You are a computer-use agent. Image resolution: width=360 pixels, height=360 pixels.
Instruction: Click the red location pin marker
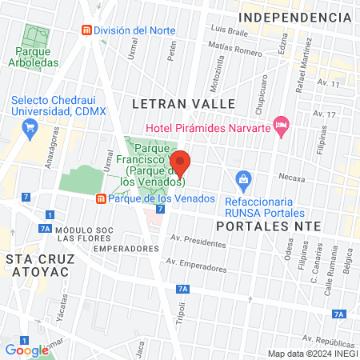(181, 163)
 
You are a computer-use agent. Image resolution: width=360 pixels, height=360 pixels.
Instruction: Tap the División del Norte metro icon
(86, 30)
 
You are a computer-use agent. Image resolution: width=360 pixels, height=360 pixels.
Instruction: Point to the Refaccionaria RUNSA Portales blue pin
(242, 179)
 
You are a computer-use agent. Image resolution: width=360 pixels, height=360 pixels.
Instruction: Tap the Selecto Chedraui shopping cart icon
(30, 126)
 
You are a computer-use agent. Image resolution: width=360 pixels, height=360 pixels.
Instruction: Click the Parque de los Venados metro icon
(100, 198)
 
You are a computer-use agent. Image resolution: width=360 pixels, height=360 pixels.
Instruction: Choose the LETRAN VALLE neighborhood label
(183, 104)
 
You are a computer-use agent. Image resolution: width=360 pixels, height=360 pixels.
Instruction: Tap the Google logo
(26, 350)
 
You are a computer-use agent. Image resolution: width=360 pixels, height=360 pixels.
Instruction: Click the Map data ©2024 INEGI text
(312, 354)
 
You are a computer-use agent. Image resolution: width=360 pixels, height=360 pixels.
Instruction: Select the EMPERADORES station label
(122, 249)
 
